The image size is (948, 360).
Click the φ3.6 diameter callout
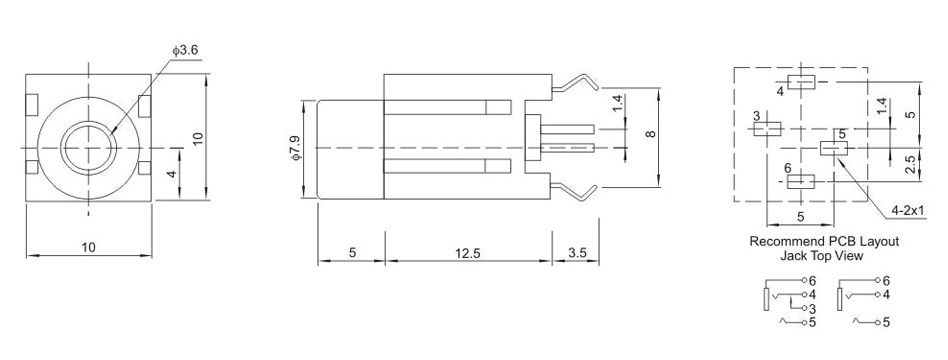185,51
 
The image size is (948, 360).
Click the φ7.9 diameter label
294,148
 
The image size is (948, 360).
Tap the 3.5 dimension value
577,254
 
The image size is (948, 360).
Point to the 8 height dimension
651,134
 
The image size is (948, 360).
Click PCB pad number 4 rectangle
802,82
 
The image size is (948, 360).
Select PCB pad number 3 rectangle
767,128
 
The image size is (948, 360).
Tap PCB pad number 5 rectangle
834,148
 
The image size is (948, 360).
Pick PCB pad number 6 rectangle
800,182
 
